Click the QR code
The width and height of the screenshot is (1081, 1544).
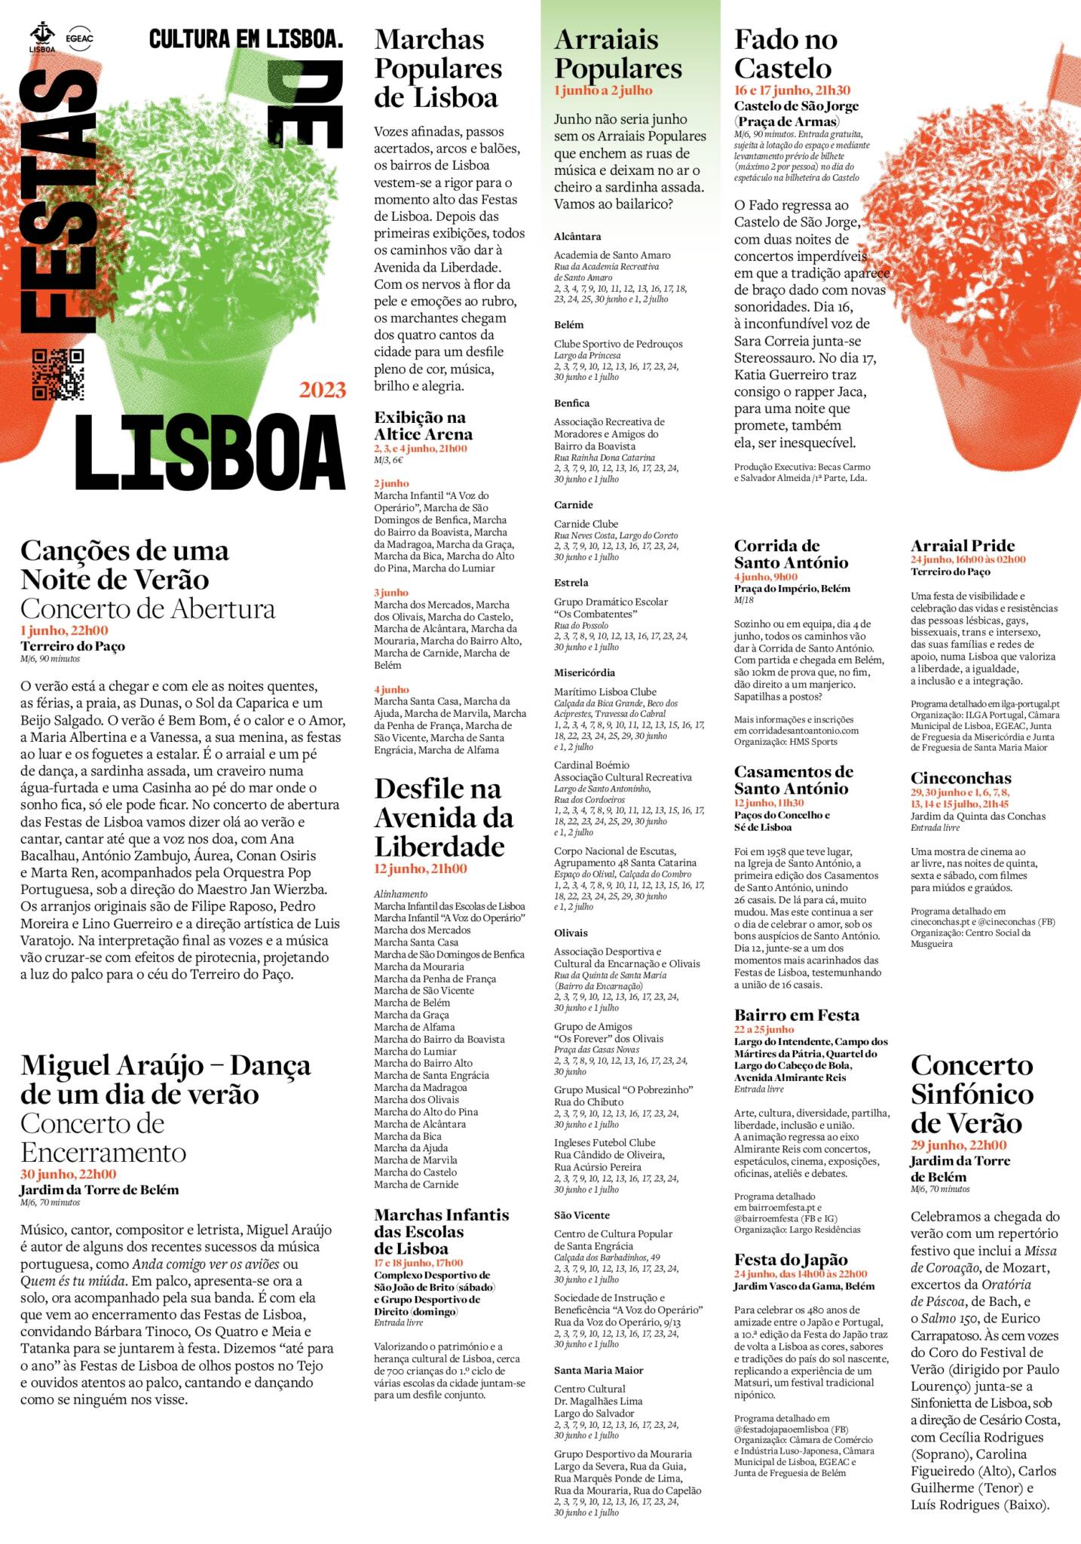point(58,375)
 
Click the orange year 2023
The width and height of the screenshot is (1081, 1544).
point(323,390)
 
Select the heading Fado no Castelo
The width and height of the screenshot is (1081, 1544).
point(785,54)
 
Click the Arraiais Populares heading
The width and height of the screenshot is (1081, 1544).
point(617,54)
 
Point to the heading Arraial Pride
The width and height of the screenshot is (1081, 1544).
point(962,545)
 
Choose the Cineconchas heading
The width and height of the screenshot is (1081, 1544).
point(960,777)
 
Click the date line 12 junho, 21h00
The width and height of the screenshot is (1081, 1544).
point(420,868)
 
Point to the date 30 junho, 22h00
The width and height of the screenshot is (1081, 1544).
point(68,1174)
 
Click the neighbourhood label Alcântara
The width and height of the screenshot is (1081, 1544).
point(577,236)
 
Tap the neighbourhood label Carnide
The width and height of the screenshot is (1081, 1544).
point(573,504)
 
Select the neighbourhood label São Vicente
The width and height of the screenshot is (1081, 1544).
point(581,1215)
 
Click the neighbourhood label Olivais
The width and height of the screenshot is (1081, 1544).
point(571,933)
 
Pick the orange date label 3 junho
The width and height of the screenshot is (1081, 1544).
point(390,593)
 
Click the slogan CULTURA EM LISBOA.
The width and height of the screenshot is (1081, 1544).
point(246,39)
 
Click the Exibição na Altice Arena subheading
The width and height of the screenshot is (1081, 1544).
point(423,425)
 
